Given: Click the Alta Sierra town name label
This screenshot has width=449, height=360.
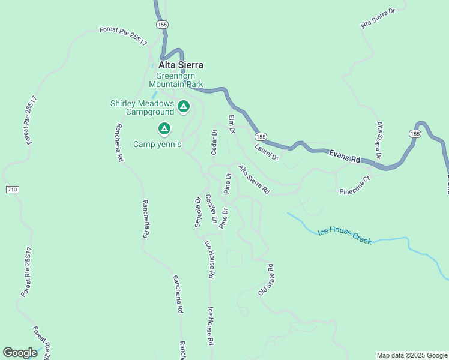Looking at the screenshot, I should click(181, 65).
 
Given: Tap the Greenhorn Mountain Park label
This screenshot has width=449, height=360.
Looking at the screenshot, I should click(179, 80).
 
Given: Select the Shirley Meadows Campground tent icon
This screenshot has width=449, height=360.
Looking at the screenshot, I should click(184, 107).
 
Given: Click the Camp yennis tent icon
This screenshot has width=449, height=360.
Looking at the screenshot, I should click(164, 128).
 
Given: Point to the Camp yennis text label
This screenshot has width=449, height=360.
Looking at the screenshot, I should click(157, 144).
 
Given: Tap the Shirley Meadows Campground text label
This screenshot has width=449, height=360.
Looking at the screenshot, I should click(142, 107).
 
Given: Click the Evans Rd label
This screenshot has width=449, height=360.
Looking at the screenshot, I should click(345, 157).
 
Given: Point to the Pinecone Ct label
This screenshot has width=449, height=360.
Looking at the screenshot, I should click(355, 190).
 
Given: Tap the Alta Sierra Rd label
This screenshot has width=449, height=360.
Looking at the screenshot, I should click(254, 179).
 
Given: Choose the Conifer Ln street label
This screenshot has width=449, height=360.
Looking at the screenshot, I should click(210, 209).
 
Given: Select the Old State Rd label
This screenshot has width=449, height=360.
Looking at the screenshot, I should click(266, 280).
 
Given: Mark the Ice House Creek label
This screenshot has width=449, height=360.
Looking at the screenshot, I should click(345, 235).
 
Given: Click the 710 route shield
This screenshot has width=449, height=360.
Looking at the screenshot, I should click(13, 190).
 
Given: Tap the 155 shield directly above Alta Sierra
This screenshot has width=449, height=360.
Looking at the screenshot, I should click(162, 25).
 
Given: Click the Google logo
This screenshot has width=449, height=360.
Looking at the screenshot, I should click(20, 353).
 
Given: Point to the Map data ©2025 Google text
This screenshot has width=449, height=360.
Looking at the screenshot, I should click(411, 355).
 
